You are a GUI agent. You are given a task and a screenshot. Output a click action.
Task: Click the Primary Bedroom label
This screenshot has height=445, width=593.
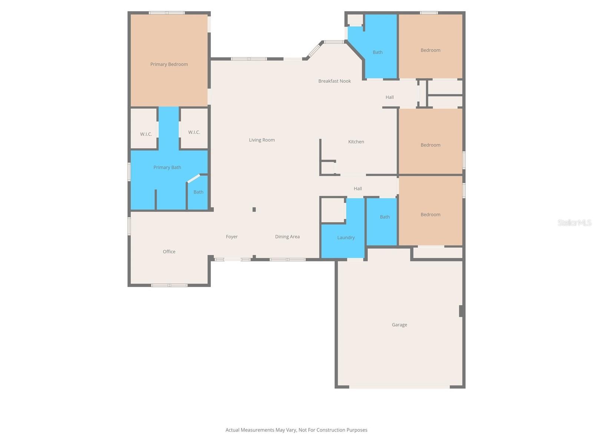coord(169,64)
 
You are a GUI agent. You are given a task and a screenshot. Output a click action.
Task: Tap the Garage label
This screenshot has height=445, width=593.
coord(399,325)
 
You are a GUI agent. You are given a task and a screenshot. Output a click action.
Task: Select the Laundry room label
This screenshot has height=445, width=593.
coord(346,238)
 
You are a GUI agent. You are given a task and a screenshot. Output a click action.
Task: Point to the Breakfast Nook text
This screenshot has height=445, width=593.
coord(334,81)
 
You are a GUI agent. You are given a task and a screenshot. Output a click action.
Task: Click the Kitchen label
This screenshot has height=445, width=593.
coord(356,142)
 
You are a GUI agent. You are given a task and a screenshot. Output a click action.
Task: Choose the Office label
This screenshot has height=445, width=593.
coord(169,251)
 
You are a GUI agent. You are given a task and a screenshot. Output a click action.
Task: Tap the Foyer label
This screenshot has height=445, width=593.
coord(232,237)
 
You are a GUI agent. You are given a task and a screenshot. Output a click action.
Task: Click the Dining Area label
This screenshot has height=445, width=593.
coord(287,237)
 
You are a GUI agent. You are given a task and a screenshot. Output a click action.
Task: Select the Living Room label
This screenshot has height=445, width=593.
coord(262,140)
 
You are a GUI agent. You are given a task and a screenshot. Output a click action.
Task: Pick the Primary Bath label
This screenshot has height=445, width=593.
coord(167,167)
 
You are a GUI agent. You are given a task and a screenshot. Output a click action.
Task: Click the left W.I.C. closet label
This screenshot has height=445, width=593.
coord(146,134)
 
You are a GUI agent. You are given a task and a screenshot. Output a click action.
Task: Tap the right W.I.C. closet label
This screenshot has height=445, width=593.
coord(194,132)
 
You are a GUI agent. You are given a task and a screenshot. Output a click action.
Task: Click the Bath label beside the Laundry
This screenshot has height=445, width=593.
coord(385,217)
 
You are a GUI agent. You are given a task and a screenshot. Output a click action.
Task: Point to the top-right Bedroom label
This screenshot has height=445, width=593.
coord(430,50)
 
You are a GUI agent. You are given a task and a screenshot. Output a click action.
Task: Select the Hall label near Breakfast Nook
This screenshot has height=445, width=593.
coord(390,97)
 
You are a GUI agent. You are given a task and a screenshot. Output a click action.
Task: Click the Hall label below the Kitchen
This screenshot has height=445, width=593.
coord(358,188)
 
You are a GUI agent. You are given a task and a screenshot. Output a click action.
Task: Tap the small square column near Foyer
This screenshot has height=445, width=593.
coord(254,210)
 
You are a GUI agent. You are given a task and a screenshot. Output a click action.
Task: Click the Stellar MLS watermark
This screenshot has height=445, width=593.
coord(574,222)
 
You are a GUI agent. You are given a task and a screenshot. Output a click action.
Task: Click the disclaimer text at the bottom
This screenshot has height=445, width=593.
coord(296,430)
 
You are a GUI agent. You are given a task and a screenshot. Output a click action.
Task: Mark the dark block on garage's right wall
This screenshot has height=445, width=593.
coord(461,311)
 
